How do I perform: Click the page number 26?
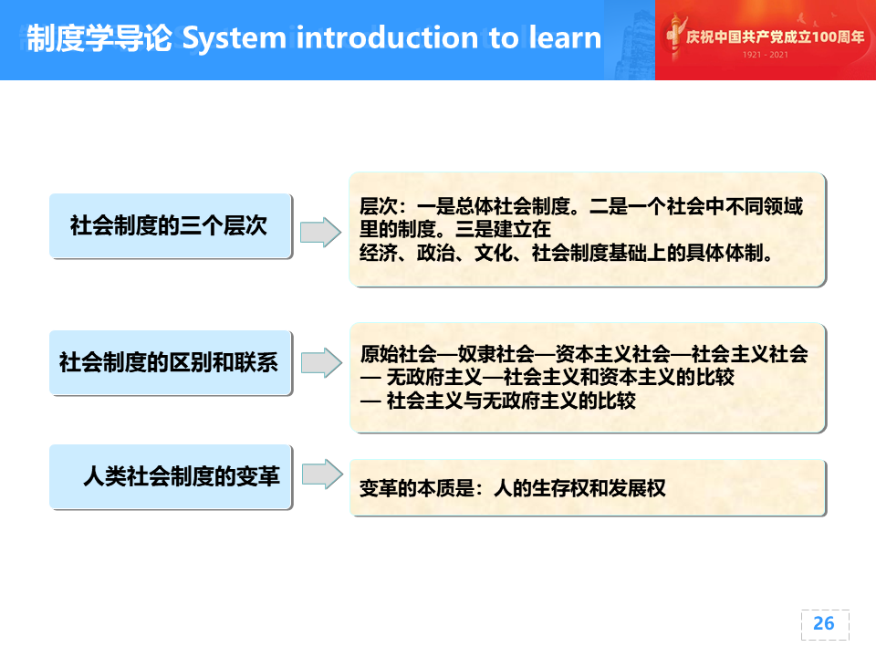point(823,623)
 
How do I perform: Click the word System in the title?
point(235,38)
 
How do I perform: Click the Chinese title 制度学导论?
point(99,38)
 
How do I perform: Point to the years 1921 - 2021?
point(766,55)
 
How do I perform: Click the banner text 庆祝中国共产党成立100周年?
point(776,36)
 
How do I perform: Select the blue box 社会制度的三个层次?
point(171,225)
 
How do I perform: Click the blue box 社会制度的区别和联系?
point(171,362)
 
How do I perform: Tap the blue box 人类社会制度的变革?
point(171,476)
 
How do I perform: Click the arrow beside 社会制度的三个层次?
point(320,232)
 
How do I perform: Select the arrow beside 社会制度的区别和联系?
point(322,362)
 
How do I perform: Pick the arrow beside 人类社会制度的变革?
point(322,474)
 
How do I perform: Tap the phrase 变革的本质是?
point(417,489)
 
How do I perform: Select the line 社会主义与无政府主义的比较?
point(511,401)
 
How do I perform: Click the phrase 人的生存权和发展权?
point(580,489)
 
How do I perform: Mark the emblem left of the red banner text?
point(674,36)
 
